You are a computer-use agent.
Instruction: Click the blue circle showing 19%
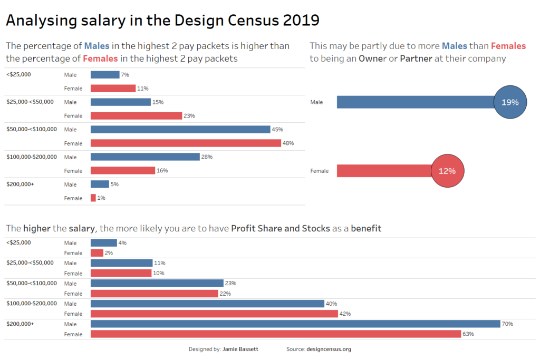[510, 102]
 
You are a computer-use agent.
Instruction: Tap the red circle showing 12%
[447, 171]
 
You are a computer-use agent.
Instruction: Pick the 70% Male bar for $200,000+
[295, 324]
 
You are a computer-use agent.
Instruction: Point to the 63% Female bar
[276, 334]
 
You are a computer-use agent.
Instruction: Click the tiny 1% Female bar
[93, 198]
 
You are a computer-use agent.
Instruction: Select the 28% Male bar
[145, 157]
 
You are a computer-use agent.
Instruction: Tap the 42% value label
[345, 314]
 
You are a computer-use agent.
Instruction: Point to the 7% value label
[125, 75]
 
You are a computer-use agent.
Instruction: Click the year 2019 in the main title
[301, 21]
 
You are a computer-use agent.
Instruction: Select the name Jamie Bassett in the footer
[240, 349]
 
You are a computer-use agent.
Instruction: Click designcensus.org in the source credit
[329, 349]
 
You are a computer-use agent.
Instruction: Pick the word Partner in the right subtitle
[416, 59]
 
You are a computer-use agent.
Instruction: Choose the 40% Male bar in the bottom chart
[207, 304]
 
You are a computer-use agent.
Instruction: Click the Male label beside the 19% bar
[316, 102]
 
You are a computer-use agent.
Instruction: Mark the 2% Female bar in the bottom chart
[97, 253]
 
